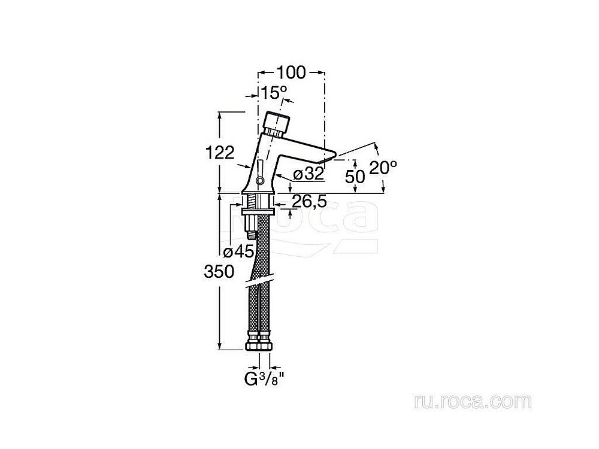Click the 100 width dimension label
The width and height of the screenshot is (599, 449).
pos(291,72)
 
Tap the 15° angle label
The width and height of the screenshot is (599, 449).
pos(274,92)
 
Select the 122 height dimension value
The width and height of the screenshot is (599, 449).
pos(220,153)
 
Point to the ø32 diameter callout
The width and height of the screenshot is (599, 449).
pos(308,174)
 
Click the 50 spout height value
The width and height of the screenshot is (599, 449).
pos(355,177)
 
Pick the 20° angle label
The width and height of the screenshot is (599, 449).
pos(383,167)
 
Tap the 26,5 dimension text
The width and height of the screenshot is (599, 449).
pos(310,201)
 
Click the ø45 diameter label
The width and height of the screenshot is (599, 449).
pos(239,251)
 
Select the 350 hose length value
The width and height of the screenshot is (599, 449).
pos(219,272)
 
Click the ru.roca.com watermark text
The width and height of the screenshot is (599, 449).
pos(473,402)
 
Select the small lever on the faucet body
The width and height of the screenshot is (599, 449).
pos(260,172)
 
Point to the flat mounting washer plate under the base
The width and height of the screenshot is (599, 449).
pos(258,213)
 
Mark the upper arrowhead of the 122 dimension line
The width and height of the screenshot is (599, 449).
pos(220,116)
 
